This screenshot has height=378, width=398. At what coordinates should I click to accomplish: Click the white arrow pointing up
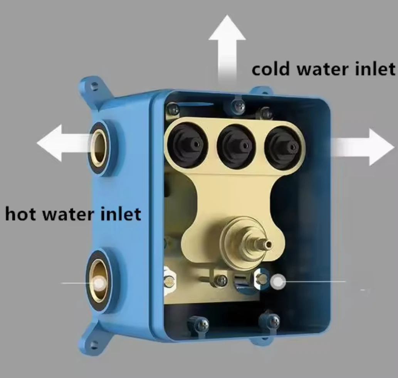(x=227, y=46)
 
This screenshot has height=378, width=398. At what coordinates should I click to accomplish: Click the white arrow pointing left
(x=58, y=143)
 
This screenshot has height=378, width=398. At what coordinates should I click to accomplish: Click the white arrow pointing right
(x=366, y=147)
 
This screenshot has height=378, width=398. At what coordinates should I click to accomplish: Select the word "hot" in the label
(x=21, y=214)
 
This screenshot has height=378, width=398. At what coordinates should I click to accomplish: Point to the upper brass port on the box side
(x=99, y=148)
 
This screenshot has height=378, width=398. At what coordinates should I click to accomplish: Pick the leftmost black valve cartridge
(x=187, y=144)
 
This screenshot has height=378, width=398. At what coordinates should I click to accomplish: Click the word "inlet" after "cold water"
(x=376, y=70)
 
